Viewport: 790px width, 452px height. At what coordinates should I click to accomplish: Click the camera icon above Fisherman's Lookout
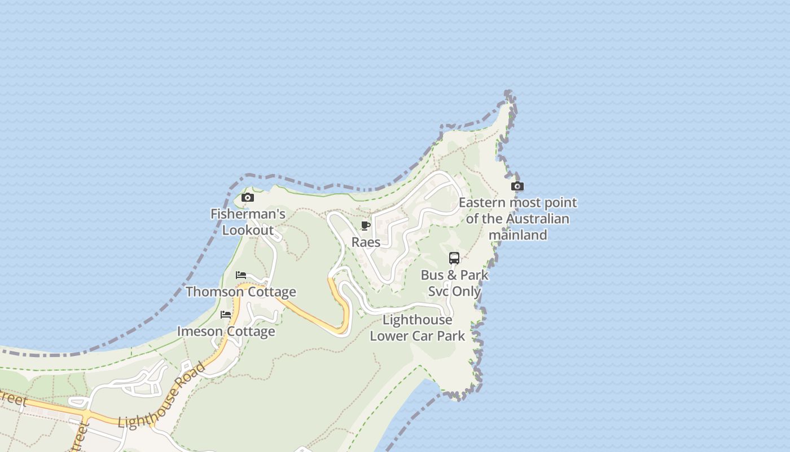pyautogui.click(x=247, y=197)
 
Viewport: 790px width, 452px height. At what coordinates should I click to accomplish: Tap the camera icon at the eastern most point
pyautogui.click(x=517, y=186)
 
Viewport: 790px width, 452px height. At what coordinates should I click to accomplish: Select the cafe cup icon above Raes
pyautogui.click(x=366, y=226)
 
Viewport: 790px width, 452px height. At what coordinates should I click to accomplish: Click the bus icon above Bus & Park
pyautogui.click(x=454, y=258)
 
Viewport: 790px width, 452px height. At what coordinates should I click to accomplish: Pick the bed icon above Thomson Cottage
pyautogui.click(x=241, y=275)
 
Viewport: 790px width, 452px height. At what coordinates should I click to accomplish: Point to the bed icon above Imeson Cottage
pyautogui.click(x=226, y=315)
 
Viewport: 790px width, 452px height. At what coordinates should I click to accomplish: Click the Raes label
pyautogui.click(x=366, y=242)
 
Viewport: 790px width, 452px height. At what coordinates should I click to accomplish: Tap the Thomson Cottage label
pyautogui.click(x=241, y=292)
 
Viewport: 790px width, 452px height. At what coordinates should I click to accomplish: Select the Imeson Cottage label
pyautogui.click(x=226, y=331)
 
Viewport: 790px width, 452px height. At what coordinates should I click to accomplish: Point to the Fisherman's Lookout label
pyautogui.click(x=248, y=222)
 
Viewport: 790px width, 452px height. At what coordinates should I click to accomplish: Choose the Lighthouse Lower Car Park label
pyautogui.click(x=418, y=328)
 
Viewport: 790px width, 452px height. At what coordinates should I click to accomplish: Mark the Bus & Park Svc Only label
pyautogui.click(x=454, y=283)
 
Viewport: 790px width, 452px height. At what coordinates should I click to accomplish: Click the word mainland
pyautogui.click(x=517, y=234)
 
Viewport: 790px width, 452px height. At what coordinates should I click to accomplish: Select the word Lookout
pyautogui.click(x=248, y=230)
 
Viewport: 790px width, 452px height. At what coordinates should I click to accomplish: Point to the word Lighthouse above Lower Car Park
pyautogui.click(x=418, y=320)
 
